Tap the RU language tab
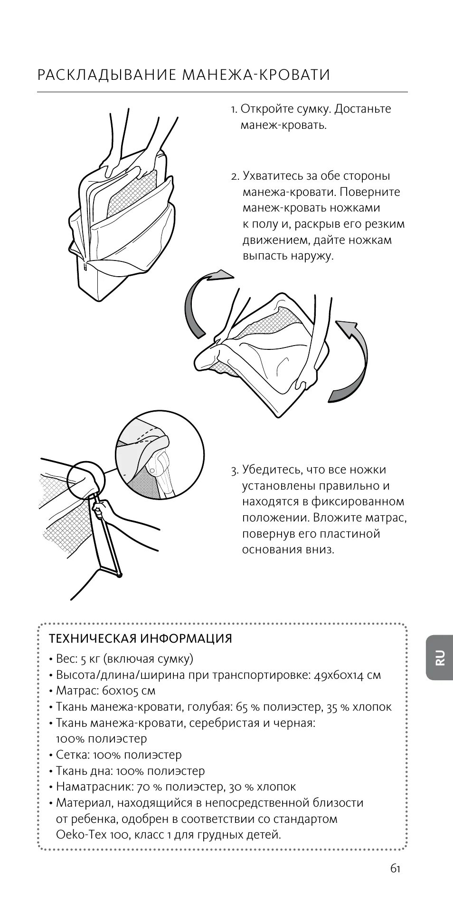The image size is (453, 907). (440, 657)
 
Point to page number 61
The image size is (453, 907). (396, 868)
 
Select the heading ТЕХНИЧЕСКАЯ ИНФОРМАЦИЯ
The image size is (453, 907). (141, 638)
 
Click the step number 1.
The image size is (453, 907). (234, 110)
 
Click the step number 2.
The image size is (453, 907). (235, 176)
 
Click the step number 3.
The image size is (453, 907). (235, 471)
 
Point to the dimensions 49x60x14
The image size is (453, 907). (341, 675)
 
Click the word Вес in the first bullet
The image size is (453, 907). (66, 659)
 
